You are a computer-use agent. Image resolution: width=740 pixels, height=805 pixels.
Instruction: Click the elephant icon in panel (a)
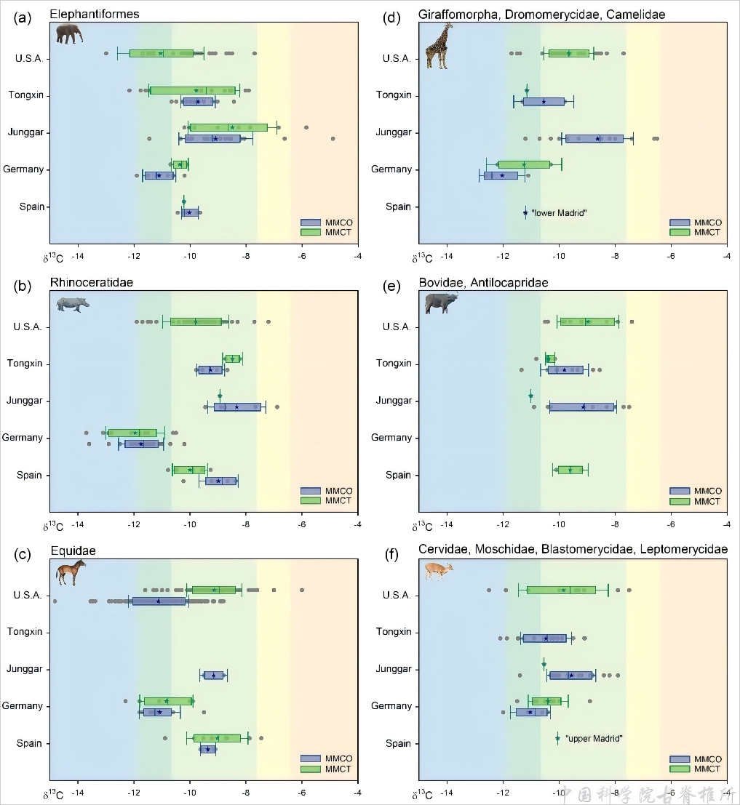tap(69, 33)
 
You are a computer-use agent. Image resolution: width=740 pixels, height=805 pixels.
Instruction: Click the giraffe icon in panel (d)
tap(439, 45)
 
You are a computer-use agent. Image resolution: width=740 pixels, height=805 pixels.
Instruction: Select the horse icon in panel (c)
tap(71, 572)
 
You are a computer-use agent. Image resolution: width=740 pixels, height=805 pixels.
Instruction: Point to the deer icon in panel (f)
tap(439, 571)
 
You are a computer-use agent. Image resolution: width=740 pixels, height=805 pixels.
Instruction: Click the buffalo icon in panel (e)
tap(441, 303)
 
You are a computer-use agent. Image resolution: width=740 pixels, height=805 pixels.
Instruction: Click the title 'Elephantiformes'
tap(95, 14)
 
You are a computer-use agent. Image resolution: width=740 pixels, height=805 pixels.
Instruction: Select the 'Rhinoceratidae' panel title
tap(92, 282)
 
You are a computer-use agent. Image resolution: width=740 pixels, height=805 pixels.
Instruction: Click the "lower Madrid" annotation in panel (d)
tap(559, 213)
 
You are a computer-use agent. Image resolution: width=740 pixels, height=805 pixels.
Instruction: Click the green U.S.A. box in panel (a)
tap(161, 53)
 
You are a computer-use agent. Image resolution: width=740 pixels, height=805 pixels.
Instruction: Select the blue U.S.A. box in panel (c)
tap(159, 601)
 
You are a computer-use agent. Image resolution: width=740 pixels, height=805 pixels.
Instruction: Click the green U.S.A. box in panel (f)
tap(561, 590)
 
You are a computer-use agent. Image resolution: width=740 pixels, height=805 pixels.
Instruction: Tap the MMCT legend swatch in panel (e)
tap(682, 501)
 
